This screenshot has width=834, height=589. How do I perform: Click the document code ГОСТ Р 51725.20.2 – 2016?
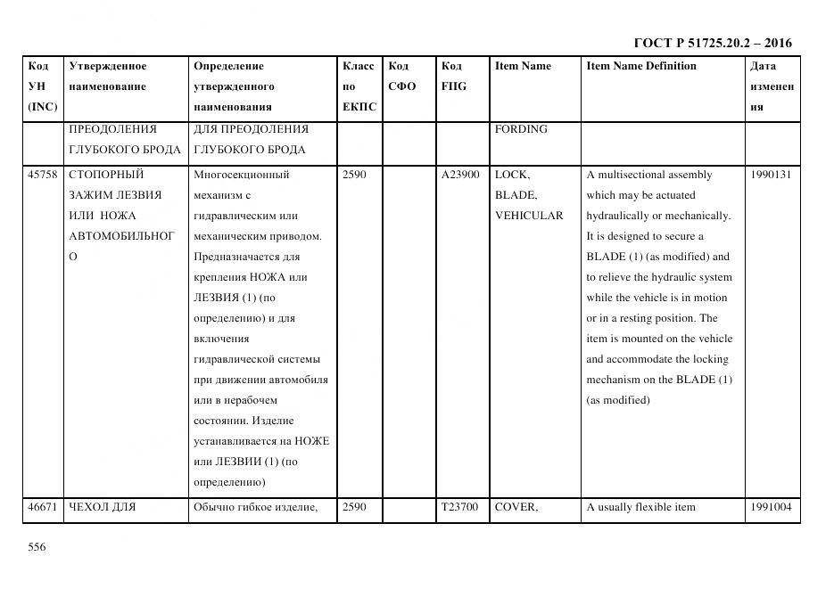pyautogui.click(x=712, y=43)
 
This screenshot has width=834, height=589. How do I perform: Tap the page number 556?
pyautogui.click(x=37, y=547)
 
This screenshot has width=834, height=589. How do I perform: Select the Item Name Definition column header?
pyautogui.click(x=640, y=66)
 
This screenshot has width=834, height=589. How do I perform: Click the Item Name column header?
pyautogui.click(x=523, y=66)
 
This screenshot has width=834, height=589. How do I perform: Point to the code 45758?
pyautogui.click(x=43, y=175)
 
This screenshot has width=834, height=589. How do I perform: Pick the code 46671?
pyautogui.click(x=43, y=508)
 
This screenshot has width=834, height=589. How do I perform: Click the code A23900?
pyautogui.click(x=460, y=175)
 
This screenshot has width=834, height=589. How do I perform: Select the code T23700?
pyautogui.click(x=460, y=508)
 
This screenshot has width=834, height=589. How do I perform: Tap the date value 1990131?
pyautogui.click(x=771, y=175)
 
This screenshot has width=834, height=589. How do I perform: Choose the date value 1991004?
pyautogui.click(x=771, y=508)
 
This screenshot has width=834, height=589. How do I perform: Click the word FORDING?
pyautogui.click(x=521, y=129)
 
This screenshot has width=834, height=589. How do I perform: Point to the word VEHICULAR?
pyautogui.click(x=529, y=216)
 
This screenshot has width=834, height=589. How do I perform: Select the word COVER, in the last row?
pyautogui.click(x=516, y=508)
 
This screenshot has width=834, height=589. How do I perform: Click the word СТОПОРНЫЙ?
pyautogui.click(x=106, y=175)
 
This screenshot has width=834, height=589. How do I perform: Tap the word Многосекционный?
pyautogui.click(x=241, y=175)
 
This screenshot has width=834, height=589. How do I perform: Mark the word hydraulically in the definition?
pyautogui.click(x=621, y=216)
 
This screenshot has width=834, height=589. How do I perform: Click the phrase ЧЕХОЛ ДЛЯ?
pyautogui.click(x=102, y=508)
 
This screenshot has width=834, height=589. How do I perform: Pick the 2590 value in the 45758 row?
pyautogui.click(x=354, y=175)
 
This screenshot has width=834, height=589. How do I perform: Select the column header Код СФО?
pyautogui.click(x=402, y=76)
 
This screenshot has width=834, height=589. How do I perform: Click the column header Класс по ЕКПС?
pyautogui.click(x=359, y=86)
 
